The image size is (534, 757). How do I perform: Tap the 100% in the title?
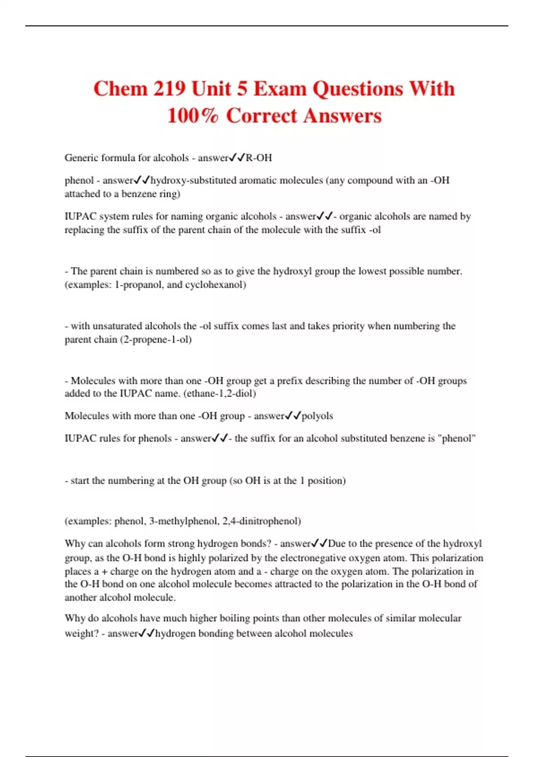[193, 115]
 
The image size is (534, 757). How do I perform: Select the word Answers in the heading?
[343, 115]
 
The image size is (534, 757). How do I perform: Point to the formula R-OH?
[259, 158]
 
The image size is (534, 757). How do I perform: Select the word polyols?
[317, 416]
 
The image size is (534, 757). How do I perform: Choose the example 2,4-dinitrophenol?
[270, 521]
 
